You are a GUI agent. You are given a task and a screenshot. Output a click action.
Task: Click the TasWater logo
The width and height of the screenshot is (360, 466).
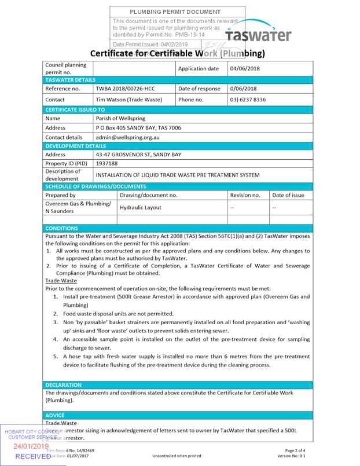coord(258,34)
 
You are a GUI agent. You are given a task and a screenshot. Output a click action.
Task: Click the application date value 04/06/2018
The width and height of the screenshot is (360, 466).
coord(246,68)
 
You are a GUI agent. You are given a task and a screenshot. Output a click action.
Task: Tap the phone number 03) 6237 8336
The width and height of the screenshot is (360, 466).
coord(248,100)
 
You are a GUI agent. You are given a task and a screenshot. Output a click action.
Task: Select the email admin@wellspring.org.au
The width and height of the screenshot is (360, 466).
coord(127,137)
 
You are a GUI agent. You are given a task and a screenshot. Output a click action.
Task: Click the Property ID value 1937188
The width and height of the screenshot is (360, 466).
coord(106,164)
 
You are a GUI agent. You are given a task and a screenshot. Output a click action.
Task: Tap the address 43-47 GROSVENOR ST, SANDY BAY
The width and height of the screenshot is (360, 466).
coord(138,155)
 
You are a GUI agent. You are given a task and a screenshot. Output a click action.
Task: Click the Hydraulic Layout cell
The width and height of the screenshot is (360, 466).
coord(141,207)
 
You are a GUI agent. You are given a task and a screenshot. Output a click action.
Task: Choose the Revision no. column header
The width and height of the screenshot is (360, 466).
coord(245,195)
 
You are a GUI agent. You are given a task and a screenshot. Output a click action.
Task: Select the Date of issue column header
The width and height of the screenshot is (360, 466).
coord(288,195)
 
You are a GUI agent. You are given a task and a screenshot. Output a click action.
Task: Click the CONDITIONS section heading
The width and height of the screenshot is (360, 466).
coord(61,228)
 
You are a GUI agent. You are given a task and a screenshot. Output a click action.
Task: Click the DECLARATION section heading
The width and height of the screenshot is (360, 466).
coord(64,385)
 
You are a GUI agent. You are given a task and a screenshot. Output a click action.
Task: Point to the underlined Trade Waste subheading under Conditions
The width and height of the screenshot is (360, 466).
coord(61,280)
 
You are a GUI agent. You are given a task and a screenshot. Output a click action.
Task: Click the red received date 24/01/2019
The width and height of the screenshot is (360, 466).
coord(31,446)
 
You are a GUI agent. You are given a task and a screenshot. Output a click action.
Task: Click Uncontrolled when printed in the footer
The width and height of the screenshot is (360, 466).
coord(177,456)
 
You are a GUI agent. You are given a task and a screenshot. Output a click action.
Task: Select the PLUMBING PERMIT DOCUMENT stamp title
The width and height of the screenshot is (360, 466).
coord(175,12)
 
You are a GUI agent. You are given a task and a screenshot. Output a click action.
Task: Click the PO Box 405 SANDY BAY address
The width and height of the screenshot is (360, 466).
coord(138,127)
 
